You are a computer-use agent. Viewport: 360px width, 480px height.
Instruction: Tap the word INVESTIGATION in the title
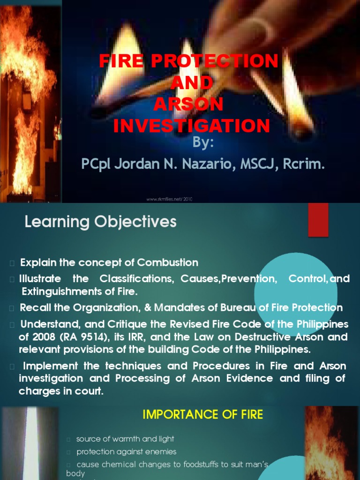(192, 126)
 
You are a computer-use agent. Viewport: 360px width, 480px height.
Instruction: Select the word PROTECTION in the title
(220, 61)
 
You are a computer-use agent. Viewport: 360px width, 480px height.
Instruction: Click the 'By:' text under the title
(202, 143)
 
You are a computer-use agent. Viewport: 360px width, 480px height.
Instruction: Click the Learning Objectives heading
(100, 222)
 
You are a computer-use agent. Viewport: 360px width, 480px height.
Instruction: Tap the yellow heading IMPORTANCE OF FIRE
(202, 414)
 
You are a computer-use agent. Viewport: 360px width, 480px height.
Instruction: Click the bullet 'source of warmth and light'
(125, 439)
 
